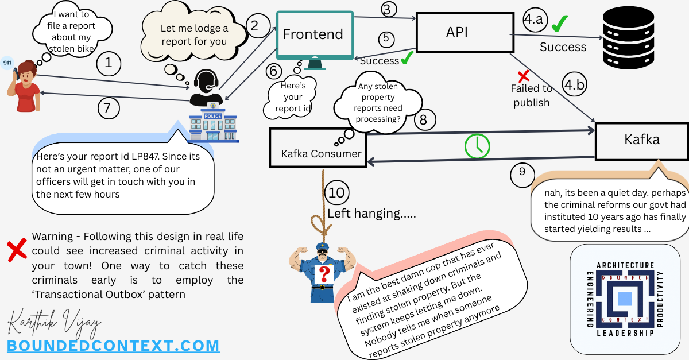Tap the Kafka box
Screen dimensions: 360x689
(641, 140)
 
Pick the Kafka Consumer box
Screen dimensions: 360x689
(318, 148)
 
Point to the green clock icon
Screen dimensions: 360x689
(477, 146)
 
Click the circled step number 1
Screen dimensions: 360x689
(109, 63)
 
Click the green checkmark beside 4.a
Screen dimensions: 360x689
(560, 24)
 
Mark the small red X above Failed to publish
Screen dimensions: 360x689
(523, 76)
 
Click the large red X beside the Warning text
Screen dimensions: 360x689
(17, 251)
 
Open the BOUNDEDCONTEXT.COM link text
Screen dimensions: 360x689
(113, 346)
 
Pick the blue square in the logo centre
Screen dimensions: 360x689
(625, 299)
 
